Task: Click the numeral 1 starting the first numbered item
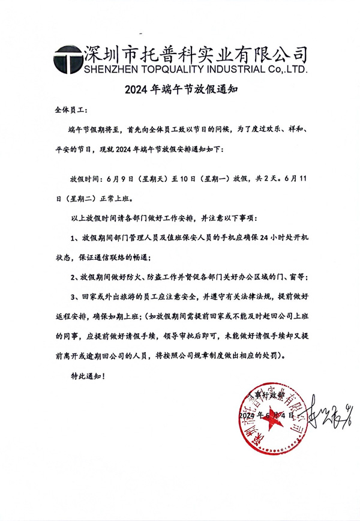click(71, 238)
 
